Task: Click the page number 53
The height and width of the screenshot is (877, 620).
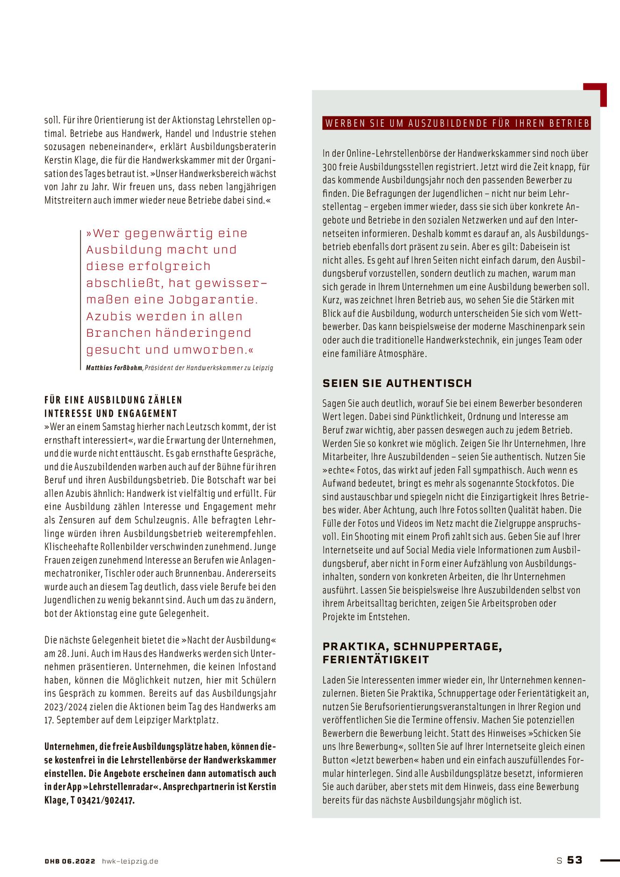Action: point(575,860)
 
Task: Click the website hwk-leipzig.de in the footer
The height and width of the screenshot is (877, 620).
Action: point(130,861)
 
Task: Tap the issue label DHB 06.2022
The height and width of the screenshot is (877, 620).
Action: point(70,861)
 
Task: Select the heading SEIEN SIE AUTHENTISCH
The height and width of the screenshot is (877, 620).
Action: point(397,383)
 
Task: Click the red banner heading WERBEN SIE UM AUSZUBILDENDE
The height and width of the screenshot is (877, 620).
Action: point(457,123)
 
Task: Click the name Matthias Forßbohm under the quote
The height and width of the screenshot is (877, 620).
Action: point(114,368)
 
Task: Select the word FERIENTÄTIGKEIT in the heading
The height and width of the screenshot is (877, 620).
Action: point(375,660)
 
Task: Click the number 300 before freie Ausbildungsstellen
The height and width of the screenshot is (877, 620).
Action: point(330,167)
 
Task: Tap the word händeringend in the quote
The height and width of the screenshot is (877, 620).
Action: point(203,333)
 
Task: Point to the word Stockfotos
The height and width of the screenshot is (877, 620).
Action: point(537,483)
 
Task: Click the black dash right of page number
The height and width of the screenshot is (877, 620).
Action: point(609,860)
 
